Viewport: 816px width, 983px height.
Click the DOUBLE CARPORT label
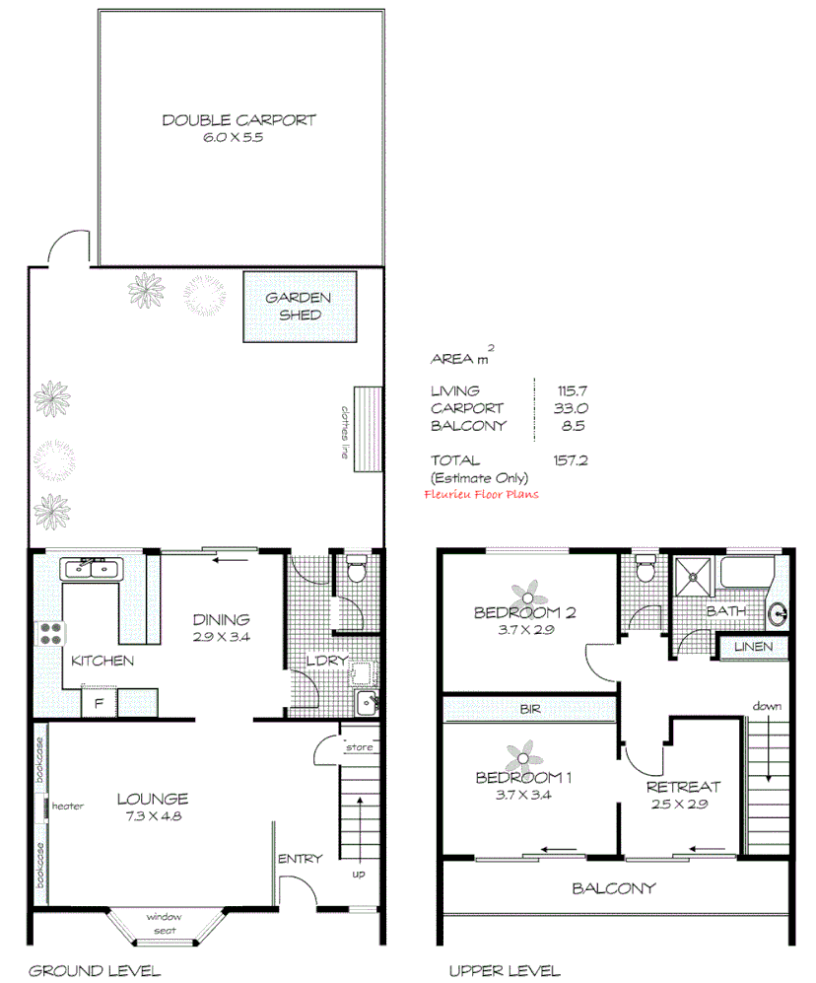pyautogui.click(x=238, y=120)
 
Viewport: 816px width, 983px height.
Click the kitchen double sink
pyautogui.click(x=90, y=569)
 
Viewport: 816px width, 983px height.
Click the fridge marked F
pyautogui.click(x=99, y=703)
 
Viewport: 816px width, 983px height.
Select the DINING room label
pyautogui.click(x=221, y=620)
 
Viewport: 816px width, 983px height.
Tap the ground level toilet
pyautogui.click(x=357, y=570)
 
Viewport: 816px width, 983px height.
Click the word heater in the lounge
pyautogui.click(x=69, y=806)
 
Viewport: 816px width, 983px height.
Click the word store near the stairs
pyautogui.click(x=359, y=747)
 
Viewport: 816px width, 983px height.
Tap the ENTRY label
pyautogui.click(x=301, y=859)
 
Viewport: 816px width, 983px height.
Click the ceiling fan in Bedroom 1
pyautogui.click(x=523, y=759)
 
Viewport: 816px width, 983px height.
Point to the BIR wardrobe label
pyautogui.click(x=530, y=709)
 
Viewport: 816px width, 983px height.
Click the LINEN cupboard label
pyautogui.click(x=757, y=648)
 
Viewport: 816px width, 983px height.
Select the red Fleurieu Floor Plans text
pyautogui.click(x=481, y=495)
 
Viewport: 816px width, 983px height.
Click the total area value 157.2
pyautogui.click(x=571, y=460)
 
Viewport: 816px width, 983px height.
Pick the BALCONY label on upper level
pyautogui.click(x=613, y=888)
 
